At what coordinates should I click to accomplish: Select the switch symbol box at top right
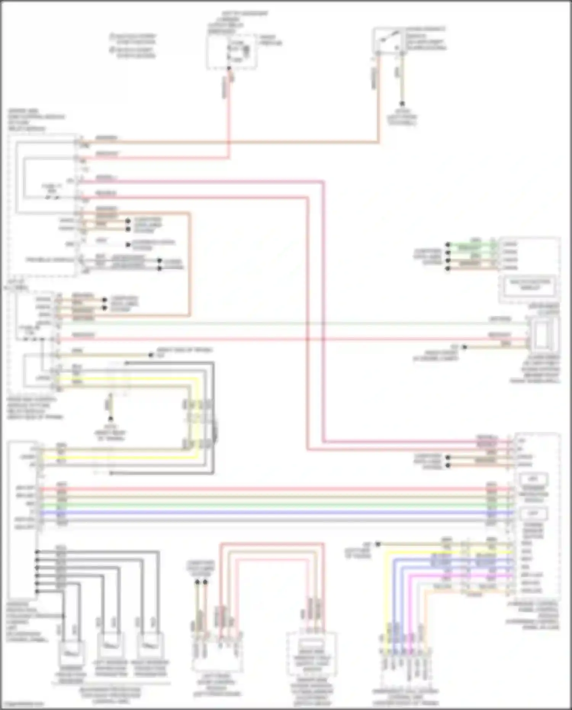pyautogui.click(x=389, y=39)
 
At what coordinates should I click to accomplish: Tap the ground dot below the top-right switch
pyautogui.click(x=402, y=103)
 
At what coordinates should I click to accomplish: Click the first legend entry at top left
pyautogui.click(x=133, y=39)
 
